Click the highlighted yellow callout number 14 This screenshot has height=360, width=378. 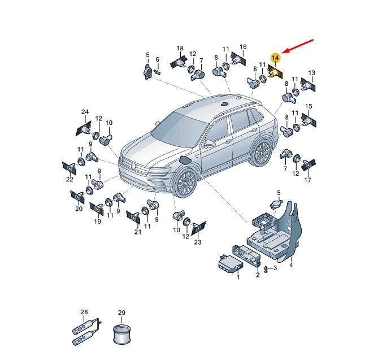point(275,58)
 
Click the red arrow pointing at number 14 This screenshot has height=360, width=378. point(297,46)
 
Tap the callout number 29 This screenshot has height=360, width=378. point(121,313)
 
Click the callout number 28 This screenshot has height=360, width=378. point(84,312)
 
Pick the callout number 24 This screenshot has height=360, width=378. point(85,112)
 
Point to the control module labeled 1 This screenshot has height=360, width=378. point(231,264)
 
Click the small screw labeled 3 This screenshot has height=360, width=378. point(266,269)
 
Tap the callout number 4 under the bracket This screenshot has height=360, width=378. point(291,265)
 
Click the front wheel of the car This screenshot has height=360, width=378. point(186,183)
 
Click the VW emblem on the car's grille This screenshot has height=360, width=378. point(133,166)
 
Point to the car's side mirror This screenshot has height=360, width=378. point(210,144)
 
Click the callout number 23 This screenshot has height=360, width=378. point(197,242)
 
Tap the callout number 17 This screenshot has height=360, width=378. point(307,180)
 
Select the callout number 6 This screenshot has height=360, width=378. point(158,59)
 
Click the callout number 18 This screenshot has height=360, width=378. point(180,48)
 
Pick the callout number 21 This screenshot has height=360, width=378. point(138,232)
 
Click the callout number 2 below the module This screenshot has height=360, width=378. point(258,275)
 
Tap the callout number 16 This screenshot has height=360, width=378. point(243,47)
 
